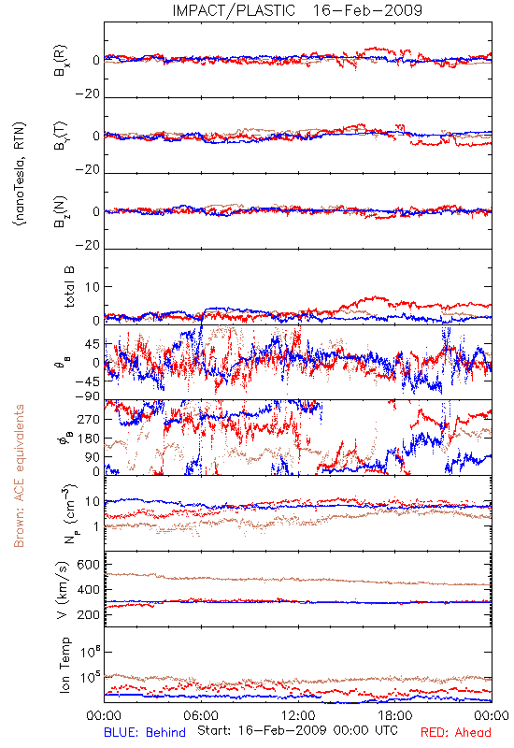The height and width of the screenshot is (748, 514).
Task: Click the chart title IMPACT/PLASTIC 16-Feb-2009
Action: pos(297,10)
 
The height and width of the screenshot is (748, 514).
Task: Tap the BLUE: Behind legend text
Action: pos(145,732)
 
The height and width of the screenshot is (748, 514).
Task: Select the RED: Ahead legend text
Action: pos(455,732)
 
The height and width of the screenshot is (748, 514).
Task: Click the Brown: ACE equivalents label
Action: pos(19,476)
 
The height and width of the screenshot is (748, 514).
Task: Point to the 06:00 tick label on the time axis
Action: pos(201,715)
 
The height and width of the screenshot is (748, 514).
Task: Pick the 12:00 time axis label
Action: pos(298,715)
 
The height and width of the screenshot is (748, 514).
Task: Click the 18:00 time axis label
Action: pos(395,715)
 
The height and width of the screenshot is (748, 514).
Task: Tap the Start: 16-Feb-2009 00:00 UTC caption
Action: pos(297,730)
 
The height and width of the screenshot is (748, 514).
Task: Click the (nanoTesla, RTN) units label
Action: pos(20,174)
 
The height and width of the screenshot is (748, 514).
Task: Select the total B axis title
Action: pos(68,287)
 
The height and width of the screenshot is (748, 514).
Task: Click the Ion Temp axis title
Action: pos(64,665)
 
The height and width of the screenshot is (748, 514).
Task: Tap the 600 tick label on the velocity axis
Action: pos(88,565)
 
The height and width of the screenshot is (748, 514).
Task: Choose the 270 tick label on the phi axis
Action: pos(89,419)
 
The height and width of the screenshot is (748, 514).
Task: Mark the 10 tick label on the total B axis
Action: pos(93,287)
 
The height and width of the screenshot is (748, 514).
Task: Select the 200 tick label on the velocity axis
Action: pos(88,614)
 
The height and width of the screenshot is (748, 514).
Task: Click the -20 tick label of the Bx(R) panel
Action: pos(87,94)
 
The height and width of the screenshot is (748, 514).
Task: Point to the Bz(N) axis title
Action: pos(61,211)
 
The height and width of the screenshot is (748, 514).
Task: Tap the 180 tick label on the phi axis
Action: pos(89,439)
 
